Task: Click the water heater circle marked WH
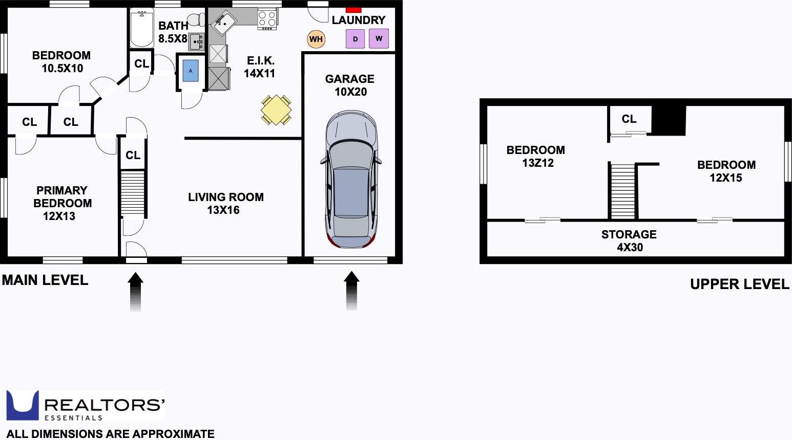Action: [x=316, y=39]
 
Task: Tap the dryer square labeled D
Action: [x=355, y=39]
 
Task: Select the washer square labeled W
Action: [x=379, y=38]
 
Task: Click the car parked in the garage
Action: [x=351, y=179]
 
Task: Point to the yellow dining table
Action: [x=276, y=109]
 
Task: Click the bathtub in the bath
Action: [x=141, y=28]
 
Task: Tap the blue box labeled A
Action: [x=191, y=71]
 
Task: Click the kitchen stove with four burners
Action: [x=267, y=19]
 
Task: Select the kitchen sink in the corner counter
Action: [x=224, y=23]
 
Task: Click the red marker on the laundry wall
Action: [x=353, y=10]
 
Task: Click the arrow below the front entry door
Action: [x=135, y=292]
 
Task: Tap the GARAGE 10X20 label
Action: [x=350, y=85]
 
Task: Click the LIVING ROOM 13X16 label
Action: [x=225, y=203]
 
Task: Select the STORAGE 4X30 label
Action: [x=629, y=240]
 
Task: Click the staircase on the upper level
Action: [x=622, y=191]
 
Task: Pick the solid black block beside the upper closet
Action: [x=669, y=121]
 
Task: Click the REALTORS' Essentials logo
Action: [x=85, y=406]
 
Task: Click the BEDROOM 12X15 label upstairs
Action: [x=726, y=171]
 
